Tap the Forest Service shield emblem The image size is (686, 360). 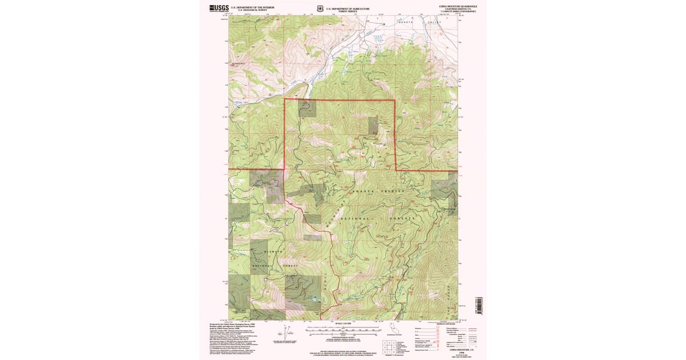pyautogui.click(x=320, y=8)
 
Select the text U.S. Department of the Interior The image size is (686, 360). pyautogui.click(x=252, y=7)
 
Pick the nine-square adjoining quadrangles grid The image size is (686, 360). pyautogui.click(x=389, y=346)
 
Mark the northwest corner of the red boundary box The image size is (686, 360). pyautogui.click(x=285, y=99)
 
